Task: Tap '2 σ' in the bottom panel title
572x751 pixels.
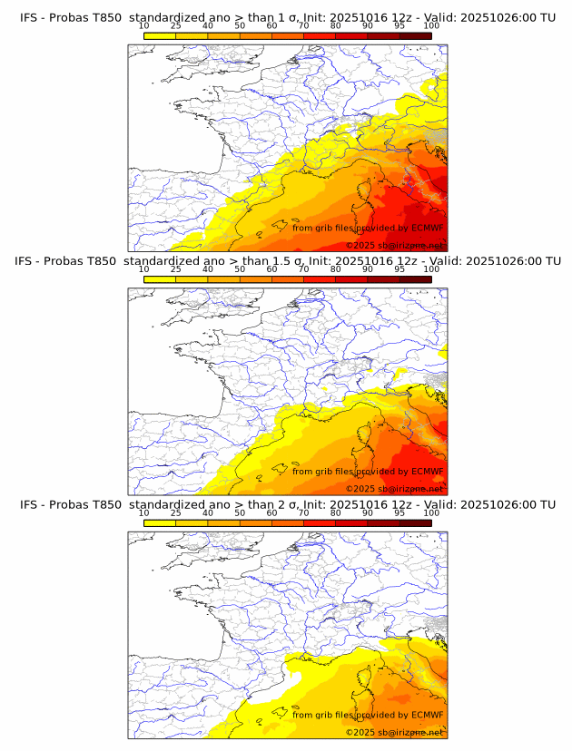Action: click(x=293, y=504)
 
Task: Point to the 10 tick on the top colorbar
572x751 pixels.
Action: click(x=144, y=26)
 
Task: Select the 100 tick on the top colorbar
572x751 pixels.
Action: click(x=431, y=26)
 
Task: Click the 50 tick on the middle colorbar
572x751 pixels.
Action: click(x=240, y=269)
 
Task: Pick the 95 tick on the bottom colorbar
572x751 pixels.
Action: click(x=399, y=512)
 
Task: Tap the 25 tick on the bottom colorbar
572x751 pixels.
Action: click(x=176, y=512)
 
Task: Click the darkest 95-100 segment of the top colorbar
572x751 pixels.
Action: click(x=415, y=35)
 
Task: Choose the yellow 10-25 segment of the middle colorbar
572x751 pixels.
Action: click(x=160, y=279)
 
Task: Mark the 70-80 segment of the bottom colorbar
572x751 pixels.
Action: click(x=320, y=522)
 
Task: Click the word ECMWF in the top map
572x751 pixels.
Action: click(x=427, y=228)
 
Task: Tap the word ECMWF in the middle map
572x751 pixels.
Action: click(x=427, y=471)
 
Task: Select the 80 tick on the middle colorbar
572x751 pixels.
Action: click(x=336, y=269)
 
